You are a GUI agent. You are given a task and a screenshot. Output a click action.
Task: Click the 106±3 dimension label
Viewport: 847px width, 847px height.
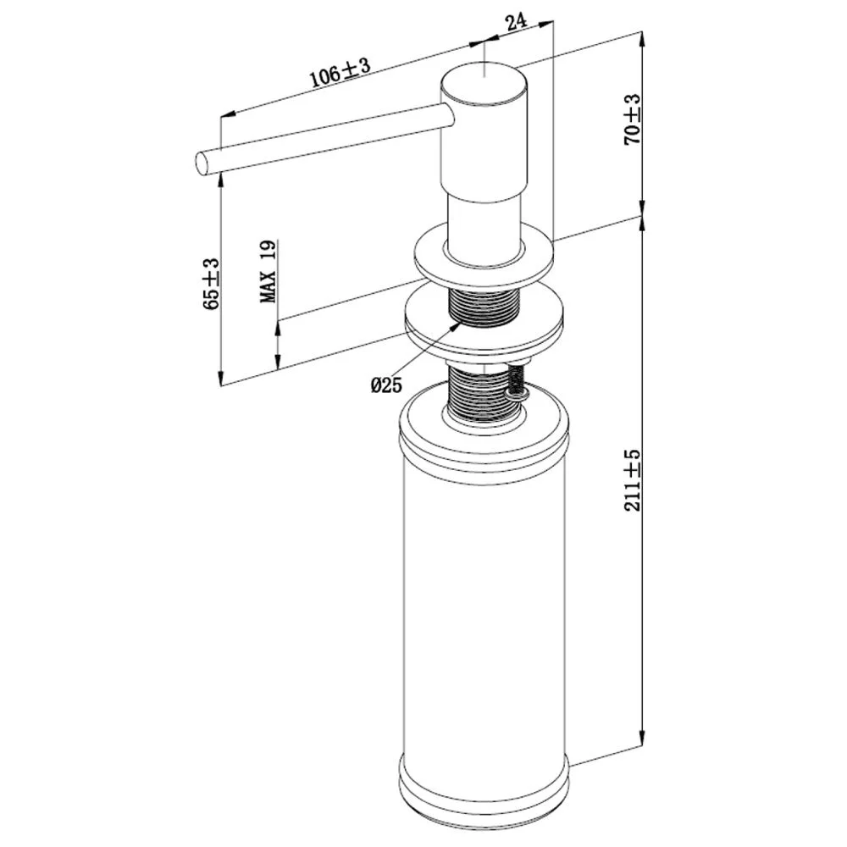340,72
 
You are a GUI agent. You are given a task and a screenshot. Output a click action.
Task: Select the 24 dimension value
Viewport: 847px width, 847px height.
517,22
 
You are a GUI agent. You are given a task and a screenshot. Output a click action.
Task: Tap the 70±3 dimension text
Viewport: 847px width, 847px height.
632,119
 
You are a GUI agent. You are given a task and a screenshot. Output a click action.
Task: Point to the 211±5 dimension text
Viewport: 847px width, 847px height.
632,480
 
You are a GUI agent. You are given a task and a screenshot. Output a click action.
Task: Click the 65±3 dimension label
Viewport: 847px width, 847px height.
211,284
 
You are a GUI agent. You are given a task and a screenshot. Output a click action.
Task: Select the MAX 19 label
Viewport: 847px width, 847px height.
268,272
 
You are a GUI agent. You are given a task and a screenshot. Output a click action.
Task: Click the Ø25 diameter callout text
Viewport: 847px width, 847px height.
387,385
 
